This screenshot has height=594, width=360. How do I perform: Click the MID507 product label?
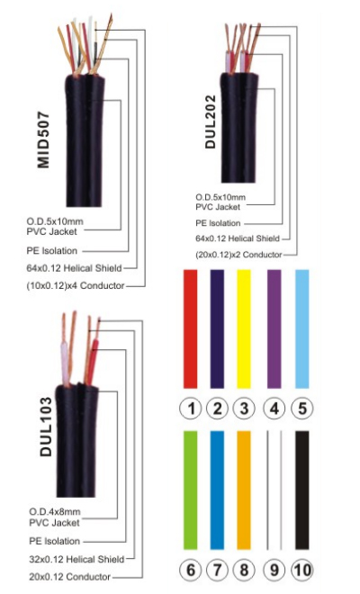click(43, 139)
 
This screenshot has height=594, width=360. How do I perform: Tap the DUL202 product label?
click(210, 121)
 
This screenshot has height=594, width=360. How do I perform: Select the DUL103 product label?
click(46, 427)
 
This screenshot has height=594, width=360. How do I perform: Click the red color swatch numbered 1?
click(190, 328)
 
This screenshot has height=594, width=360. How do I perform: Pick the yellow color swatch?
click(244, 328)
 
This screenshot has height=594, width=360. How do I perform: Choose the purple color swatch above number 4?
click(274, 328)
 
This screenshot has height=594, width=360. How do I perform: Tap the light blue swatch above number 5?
click(302, 328)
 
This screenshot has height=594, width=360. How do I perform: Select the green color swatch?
click(190, 490)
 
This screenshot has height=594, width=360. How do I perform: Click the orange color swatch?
click(244, 490)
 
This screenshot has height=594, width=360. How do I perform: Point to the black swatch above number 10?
click(302, 490)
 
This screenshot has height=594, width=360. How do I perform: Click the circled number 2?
click(217, 409)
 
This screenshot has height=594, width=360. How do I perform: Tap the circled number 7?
click(217, 570)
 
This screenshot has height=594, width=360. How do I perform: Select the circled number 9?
click(274, 570)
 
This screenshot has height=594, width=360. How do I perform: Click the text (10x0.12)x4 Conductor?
click(76, 285)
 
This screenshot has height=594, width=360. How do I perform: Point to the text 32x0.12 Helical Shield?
click(76, 559)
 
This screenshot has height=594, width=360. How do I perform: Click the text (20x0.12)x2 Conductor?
click(238, 255)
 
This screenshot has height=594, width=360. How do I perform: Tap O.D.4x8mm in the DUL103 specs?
click(55, 512)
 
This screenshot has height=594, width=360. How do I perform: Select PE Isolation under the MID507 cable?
click(52, 251)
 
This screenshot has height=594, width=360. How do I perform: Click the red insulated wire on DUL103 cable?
click(92, 363)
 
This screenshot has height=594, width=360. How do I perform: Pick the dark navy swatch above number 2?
click(217, 328)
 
